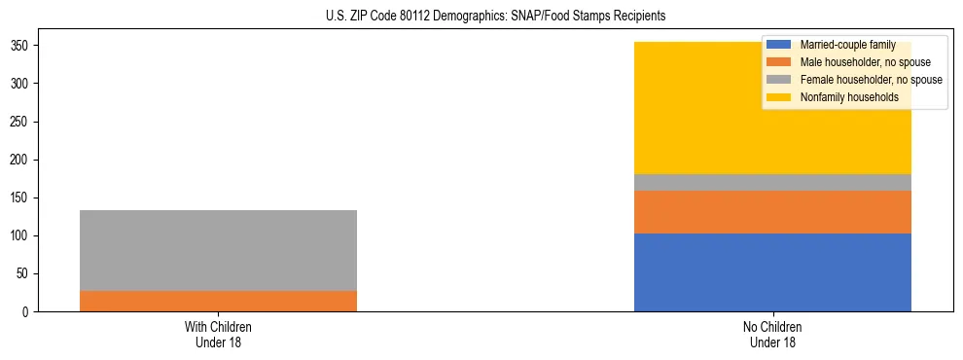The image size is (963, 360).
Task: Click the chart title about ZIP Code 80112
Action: coord(481,17)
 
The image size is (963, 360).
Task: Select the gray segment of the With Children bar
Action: coord(218,250)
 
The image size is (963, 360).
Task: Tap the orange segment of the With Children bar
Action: coord(218,301)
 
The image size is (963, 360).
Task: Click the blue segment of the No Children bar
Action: coord(772,272)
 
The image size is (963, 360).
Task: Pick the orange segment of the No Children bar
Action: coord(772,212)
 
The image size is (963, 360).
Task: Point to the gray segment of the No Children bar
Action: coord(772,183)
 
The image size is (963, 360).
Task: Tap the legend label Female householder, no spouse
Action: coord(871,80)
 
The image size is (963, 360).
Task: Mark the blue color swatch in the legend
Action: coord(779,45)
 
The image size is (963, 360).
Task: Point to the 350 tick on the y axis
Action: coord(23,46)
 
